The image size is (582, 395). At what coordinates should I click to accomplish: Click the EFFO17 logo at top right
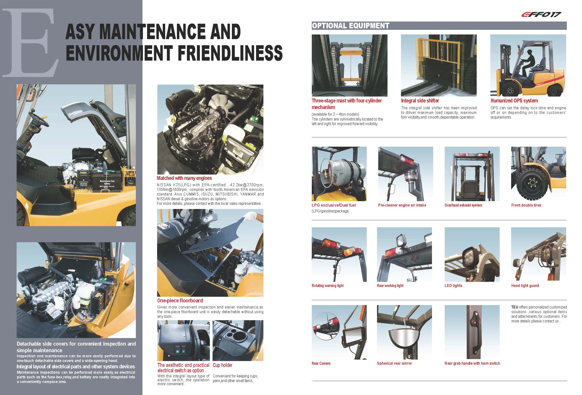pyautogui.click(x=541, y=14)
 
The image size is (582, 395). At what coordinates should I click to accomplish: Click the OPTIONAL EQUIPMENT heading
pyautogui.click(x=350, y=26)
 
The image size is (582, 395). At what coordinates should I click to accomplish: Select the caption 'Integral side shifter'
pyautogui.click(x=420, y=101)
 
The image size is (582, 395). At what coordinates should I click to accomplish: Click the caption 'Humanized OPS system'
pyautogui.click(x=514, y=101)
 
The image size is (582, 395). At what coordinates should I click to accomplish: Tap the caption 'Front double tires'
pyautogui.click(x=526, y=205)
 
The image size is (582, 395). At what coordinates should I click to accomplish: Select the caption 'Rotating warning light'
pyautogui.click(x=328, y=285)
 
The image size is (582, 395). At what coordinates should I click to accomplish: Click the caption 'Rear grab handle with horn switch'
pyautogui.click(x=472, y=363)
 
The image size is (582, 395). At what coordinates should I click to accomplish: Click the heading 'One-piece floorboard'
pyautogui.click(x=180, y=301)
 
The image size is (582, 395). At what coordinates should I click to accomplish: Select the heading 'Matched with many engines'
pyautogui.click(x=184, y=178)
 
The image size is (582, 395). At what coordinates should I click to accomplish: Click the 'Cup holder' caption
pyautogui.click(x=222, y=365)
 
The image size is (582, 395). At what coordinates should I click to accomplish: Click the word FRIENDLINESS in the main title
pyautogui.click(x=230, y=53)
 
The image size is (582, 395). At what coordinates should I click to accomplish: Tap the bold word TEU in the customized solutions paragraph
pyautogui.click(x=515, y=307)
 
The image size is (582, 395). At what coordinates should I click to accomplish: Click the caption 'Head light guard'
pyautogui.click(x=525, y=285)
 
